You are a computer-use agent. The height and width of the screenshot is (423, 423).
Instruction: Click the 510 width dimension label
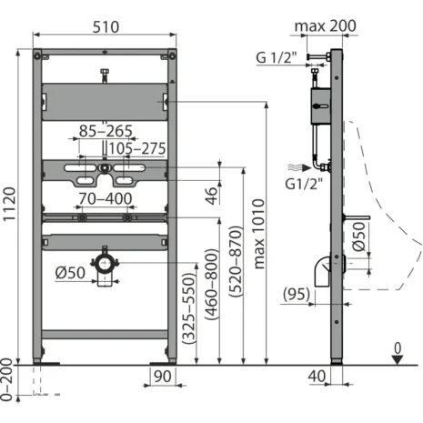pos(106,27)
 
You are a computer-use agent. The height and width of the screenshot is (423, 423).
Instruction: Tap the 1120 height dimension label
pos(9,205)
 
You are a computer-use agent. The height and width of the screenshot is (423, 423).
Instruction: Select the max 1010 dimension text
pos(258,234)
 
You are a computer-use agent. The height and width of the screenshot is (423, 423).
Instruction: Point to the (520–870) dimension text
pos(237,261)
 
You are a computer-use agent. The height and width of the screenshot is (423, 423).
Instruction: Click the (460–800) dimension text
pos(212,284)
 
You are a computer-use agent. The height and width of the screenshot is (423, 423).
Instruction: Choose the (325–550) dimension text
pos(188,308)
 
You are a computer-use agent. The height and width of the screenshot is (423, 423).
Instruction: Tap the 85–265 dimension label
pos(106,131)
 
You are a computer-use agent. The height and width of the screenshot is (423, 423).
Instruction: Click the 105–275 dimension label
pos(137,148)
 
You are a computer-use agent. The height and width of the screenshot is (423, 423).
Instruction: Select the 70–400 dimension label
pos(106,199)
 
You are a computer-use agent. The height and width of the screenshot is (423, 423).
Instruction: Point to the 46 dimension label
pos(211,196)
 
